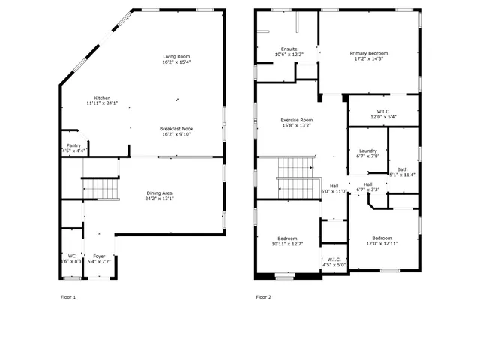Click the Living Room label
click(x=177, y=57)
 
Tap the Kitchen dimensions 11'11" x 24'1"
click(x=102, y=103)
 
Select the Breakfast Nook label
click(x=177, y=128)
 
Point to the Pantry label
click(x=73, y=145)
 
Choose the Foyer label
click(x=99, y=256)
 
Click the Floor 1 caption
click(x=68, y=297)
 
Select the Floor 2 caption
click(x=263, y=297)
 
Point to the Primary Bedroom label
click(x=369, y=53)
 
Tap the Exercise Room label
click(x=297, y=120)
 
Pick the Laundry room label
click(x=367, y=151)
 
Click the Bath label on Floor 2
click(x=403, y=169)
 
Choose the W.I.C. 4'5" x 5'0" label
click(x=334, y=259)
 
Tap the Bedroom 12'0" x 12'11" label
click(x=382, y=238)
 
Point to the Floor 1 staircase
click(x=100, y=188)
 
